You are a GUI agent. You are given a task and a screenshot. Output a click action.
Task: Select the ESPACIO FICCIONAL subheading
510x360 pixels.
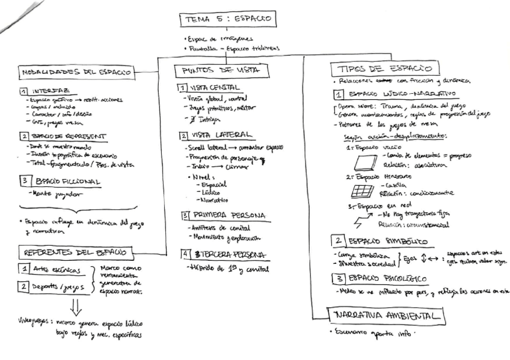point(66,181)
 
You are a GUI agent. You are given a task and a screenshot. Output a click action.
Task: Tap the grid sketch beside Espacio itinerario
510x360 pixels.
point(361,192)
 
